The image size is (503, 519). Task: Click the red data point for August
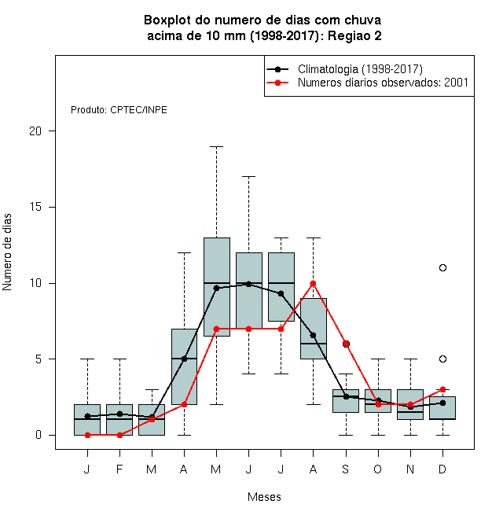coord(313,283)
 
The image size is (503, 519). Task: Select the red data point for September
coord(346,344)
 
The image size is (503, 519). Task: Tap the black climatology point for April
coord(185,359)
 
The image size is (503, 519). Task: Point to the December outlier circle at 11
coord(442,267)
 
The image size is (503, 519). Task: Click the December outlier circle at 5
coord(442,359)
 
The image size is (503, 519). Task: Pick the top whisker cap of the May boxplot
coord(216,146)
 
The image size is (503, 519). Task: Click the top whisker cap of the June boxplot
coord(249,176)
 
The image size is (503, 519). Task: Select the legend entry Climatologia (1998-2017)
coord(344,69)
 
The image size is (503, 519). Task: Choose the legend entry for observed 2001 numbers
coord(367,83)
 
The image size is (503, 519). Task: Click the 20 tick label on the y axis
coord(35,131)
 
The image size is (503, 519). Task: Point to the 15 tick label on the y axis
coord(35,207)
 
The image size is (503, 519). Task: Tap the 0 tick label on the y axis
coord(39,435)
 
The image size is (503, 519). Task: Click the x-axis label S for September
coord(346,469)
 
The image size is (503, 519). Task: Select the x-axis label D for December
coord(442,469)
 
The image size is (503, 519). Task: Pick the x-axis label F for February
coord(119,469)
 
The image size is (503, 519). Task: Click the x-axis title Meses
coord(264,497)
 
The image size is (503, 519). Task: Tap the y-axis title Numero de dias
coord(7,252)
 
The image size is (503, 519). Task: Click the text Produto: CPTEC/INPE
coord(119,110)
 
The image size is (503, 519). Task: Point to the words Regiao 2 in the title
coord(354,35)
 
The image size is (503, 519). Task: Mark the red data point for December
coord(442,389)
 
